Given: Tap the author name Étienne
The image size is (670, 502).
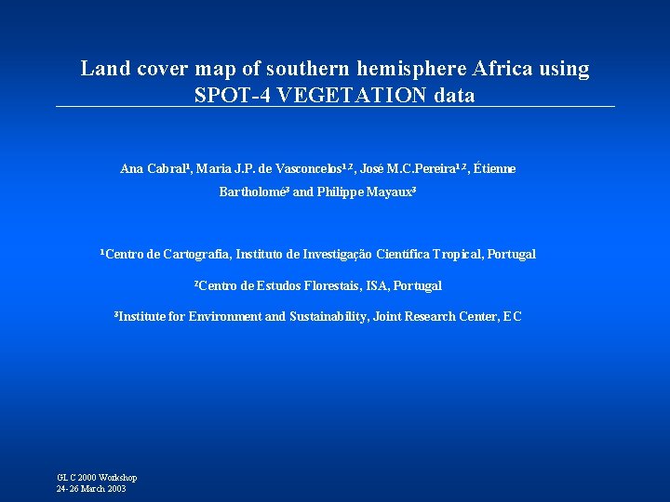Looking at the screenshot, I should [x=494, y=169].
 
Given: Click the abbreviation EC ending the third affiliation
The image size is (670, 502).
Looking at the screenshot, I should [x=513, y=317].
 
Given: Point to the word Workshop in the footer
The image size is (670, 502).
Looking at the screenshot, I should [x=118, y=477].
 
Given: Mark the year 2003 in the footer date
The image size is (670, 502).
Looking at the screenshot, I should [x=114, y=489].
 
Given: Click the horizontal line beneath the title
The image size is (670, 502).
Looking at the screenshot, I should [x=335, y=107].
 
